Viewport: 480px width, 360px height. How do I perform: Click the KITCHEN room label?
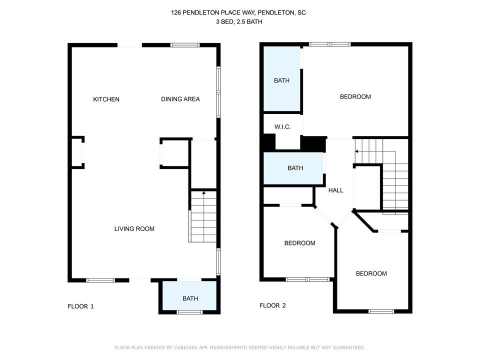[x=106, y=99]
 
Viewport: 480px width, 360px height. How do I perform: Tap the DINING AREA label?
[x=180, y=99]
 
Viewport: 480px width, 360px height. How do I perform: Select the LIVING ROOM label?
[x=134, y=228]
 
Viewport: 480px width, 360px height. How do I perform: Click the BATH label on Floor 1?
[x=190, y=298]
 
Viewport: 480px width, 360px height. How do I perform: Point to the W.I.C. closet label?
[x=282, y=126]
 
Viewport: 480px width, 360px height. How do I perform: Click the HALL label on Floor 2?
[x=336, y=190]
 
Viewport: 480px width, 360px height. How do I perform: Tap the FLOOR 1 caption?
[x=81, y=306]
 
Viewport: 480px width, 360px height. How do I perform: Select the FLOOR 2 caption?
[x=273, y=305]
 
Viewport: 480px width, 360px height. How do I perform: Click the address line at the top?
[x=238, y=12]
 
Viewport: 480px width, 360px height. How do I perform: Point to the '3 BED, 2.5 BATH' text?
[x=239, y=21]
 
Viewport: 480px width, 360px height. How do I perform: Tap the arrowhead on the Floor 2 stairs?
[x=356, y=151]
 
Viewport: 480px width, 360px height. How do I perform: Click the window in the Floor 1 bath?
[x=189, y=312]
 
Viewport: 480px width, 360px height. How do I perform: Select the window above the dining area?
[x=185, y=45]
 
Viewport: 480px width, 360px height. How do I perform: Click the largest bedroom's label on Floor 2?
[x=355, y=96]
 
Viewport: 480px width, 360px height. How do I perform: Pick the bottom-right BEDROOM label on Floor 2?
[x=371, y=273]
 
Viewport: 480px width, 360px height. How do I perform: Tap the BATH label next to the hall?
[x=295, y=168]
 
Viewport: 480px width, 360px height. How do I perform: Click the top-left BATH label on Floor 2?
[x=281, y=80]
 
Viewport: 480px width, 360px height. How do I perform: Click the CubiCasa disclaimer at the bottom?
[x=239, y=347]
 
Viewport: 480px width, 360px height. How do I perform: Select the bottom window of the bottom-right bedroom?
[x=381, y=311]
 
